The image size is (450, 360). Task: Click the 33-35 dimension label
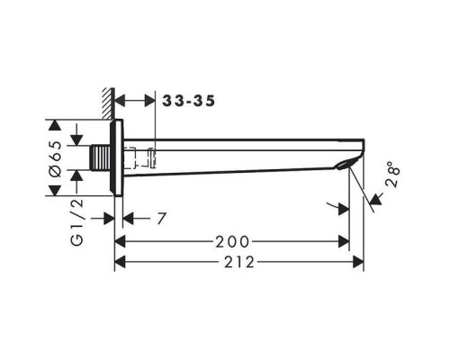coord(189,101)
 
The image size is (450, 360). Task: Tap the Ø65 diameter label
coord(56,159)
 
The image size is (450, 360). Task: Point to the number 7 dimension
coord(161,219)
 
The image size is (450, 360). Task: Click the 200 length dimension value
coord(232,242)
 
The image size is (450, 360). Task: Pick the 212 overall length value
coord(239,263)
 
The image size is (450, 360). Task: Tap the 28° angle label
coord(394,175)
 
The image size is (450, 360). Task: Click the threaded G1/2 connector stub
coord(101,158)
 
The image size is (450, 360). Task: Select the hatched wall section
coord(108,103)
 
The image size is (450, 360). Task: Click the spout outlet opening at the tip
coord(347,164)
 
